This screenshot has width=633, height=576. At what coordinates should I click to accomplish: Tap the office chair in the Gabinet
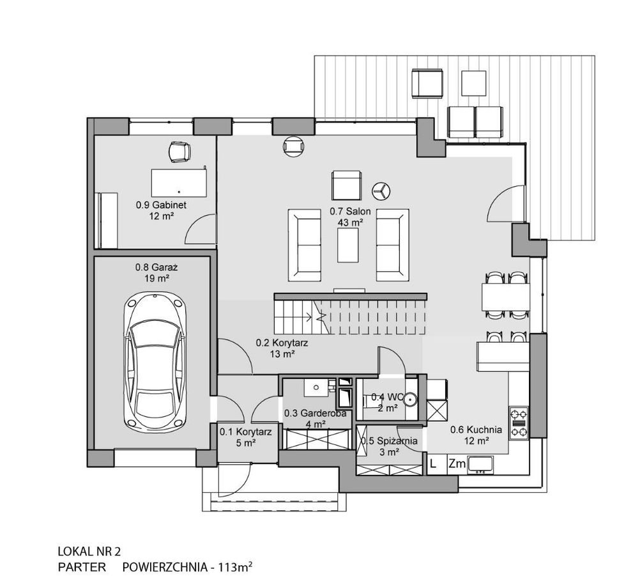pos(179,152)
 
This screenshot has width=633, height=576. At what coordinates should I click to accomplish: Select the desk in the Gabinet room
pos(179,183)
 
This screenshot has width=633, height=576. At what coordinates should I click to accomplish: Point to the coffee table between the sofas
pos(348,245)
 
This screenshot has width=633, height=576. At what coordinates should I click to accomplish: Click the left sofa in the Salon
pos(305,245)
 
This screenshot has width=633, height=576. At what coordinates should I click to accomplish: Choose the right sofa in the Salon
pos(392,245)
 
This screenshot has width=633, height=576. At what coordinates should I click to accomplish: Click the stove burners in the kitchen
pos(519,423)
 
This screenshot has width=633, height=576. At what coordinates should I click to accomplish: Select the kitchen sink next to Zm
pos(480,465)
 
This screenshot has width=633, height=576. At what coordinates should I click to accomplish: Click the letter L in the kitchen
pos(434,463)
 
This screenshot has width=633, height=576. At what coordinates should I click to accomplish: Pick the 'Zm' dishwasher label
pos(457,463)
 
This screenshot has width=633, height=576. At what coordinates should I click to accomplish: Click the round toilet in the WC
pos(409,399)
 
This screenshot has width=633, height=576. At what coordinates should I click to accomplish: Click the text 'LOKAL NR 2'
pos(89,551)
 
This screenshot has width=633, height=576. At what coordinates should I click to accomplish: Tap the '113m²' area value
pos(235,566)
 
